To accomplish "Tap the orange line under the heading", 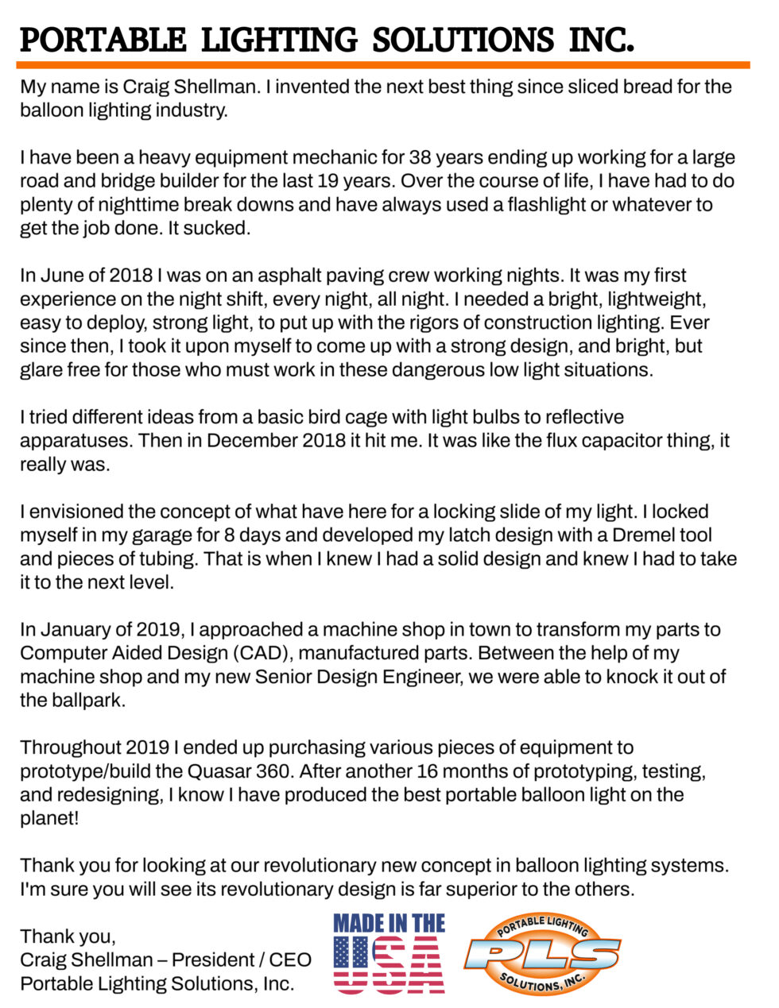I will coord(382,64).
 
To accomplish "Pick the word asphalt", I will coord(318,275).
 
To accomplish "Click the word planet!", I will coord(49,818).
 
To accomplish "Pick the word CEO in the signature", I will coord(290,960).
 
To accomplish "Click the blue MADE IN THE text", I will coord(389,923).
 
